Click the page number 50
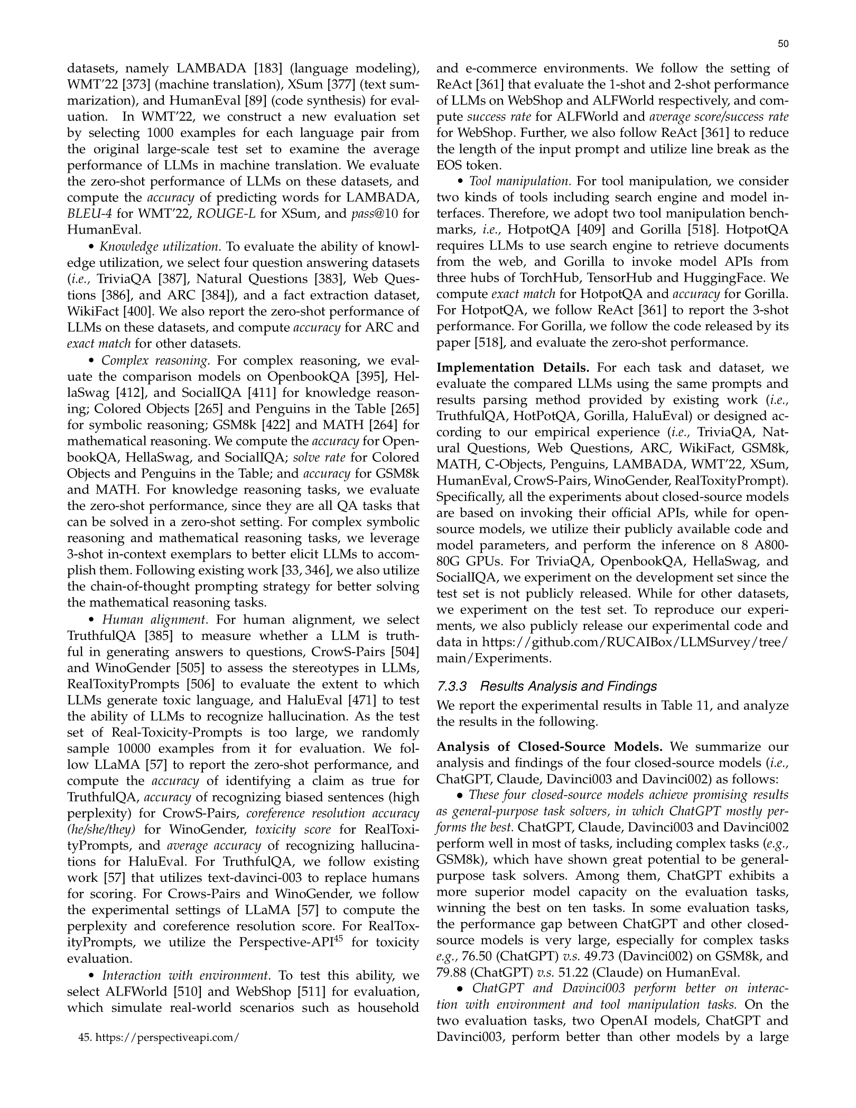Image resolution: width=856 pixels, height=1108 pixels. point(783,44)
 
